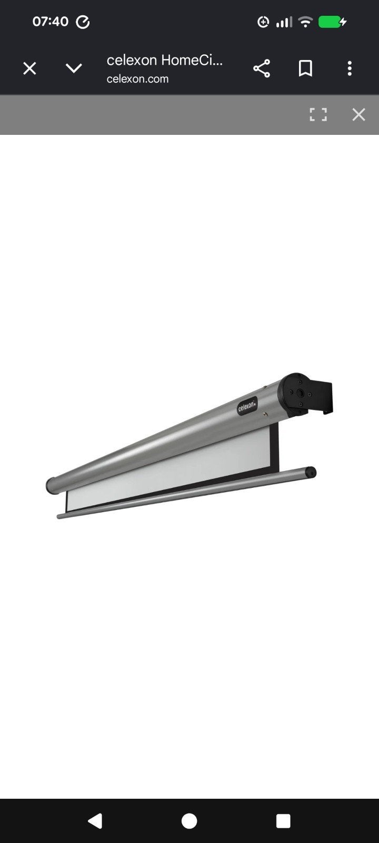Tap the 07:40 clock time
51,22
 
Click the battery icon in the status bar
332,22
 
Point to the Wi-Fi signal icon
305,22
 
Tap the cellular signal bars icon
284,22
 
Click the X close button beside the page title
29,68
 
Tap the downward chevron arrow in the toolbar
74,68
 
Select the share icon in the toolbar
262,68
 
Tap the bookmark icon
305,68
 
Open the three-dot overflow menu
350,68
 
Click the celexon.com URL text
137,79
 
